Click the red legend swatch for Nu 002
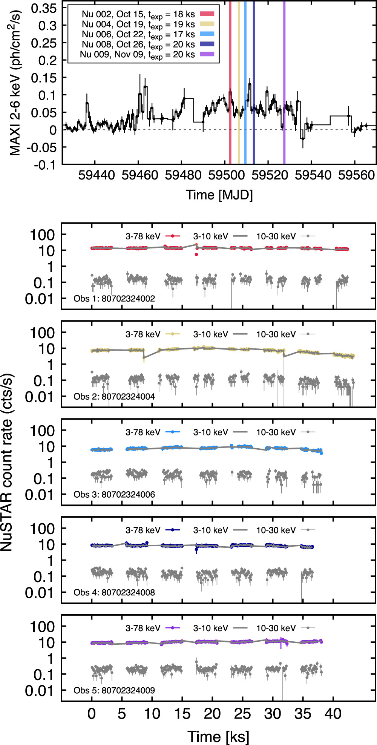[x=207, y=14]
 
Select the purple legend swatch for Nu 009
[x=207, y=54]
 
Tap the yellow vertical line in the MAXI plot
[x=239, y=82]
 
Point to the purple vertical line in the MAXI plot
[x=284, y=82]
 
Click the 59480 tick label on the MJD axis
[x=183, y=175]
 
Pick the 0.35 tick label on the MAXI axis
[x=44, y=8]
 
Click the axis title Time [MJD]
[x=219, y=195]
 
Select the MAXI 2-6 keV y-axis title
[x=15, y=83]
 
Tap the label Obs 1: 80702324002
[x=114, y=299]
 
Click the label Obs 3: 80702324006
[x=114, y=494]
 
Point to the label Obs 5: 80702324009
[x=114, y=690]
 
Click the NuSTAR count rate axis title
[x=7, y=462]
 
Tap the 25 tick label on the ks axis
[x=242, y=714]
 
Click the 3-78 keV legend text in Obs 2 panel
[x=143, y=334]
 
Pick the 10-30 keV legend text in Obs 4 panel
[x=276, y=530]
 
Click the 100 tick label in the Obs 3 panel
[x=43, y=431]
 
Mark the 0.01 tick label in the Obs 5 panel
[x=40, y=691]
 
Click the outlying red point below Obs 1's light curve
[x=196, y=254]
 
